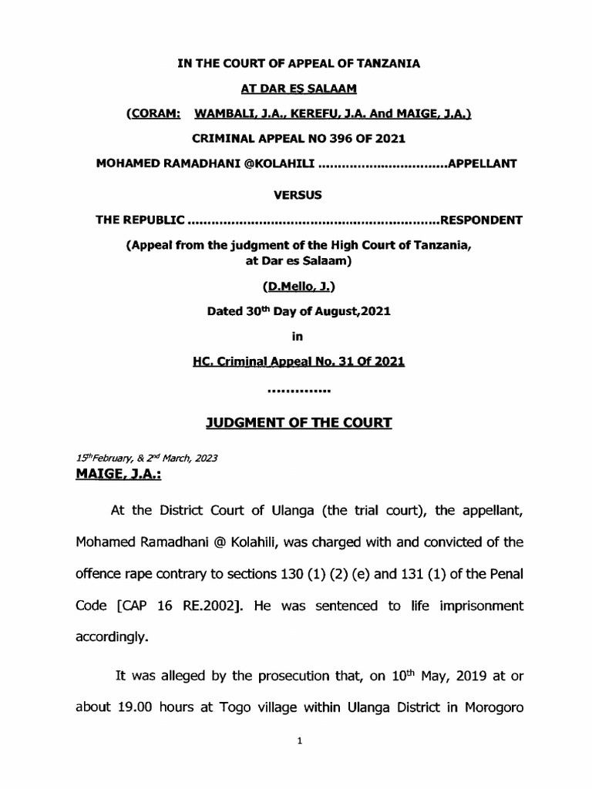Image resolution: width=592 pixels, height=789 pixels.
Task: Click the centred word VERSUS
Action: (297, 196)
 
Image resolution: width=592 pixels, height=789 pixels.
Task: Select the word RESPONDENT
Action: (481, 220)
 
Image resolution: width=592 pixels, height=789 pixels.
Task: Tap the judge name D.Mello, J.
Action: (297, 287)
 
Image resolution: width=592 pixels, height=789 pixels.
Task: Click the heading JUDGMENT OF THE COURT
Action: (297, 422)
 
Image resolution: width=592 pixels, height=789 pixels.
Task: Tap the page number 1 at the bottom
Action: (297, 760)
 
